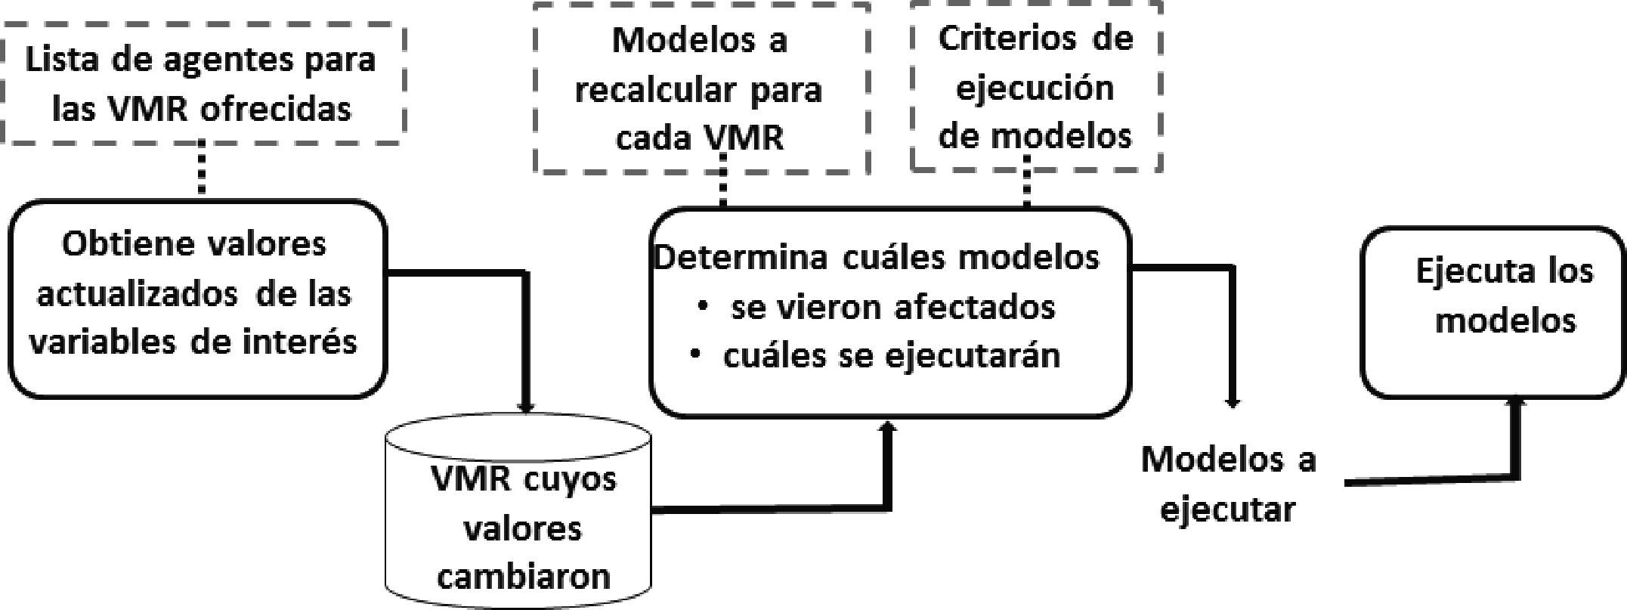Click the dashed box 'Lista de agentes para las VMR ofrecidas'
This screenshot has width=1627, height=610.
point(201,83)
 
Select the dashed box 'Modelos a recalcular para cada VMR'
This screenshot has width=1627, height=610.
point(700,89)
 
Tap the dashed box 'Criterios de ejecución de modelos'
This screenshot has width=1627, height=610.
point(1035,87)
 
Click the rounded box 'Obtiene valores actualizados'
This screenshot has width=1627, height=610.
point(196,299)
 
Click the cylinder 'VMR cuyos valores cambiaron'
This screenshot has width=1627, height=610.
point(519,522)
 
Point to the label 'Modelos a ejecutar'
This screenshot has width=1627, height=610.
point(1228,484)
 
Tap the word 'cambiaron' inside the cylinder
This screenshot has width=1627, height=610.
point(524,576)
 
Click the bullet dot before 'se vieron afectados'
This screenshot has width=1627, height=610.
point(703,306)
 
